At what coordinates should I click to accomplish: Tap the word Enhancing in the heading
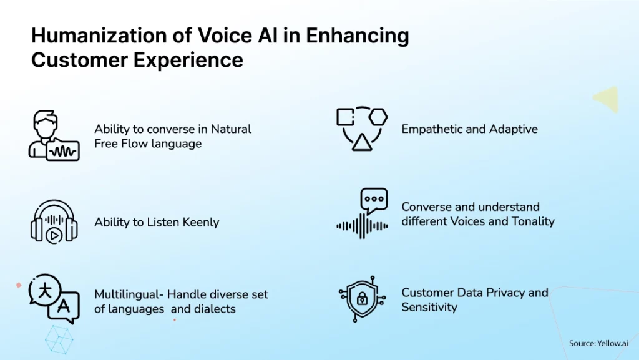[x=358, y=36]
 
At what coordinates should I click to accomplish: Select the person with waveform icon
[x=54, y=135]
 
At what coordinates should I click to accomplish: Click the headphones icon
[x=54, y=221]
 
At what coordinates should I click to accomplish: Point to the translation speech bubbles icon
[x=54, y=299]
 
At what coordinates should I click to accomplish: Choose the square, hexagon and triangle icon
[x=362, y=129]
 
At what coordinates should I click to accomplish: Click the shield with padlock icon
[x=362, y=299]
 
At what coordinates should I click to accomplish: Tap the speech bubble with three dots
[x=374, y=200]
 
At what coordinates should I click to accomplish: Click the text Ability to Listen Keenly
[x=157, y=222]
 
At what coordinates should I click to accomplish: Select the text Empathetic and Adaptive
[x=469, y=129]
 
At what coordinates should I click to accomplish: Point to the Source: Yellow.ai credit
[x=598, y=343]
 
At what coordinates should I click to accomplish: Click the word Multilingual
[x=129, y=294]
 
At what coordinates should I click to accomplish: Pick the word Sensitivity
[x=429, y=307]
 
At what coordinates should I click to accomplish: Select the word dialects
[x=215, y=309]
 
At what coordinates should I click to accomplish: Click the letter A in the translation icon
[x=63, y=306]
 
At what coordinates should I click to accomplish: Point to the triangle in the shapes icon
[x=362, y=142]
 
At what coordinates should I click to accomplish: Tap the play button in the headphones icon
[x=54, y=235]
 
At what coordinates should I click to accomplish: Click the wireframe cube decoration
[x=59, y=339]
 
